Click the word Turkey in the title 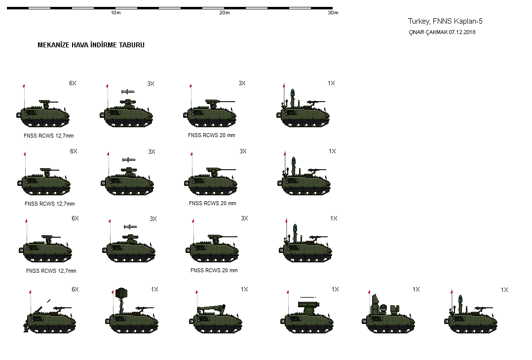(x=418, y=21)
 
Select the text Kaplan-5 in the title (x=469, y=21)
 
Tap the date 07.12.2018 (x=462, y=32)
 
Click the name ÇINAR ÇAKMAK (x=428, y=32)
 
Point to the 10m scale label (x=116, y=13)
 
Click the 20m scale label (x=225, y=13)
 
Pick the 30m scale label (x=333, y=13)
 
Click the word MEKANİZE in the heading (x=55, y=45)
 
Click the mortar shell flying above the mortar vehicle (x=48, y=300)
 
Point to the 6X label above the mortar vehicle (x=75, y=289)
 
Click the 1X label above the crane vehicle (x=244, y=289)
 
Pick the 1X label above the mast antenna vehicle (x=154, y=289)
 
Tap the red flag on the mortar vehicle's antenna (x=31, y=293)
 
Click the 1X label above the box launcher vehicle (x=335, y=289)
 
